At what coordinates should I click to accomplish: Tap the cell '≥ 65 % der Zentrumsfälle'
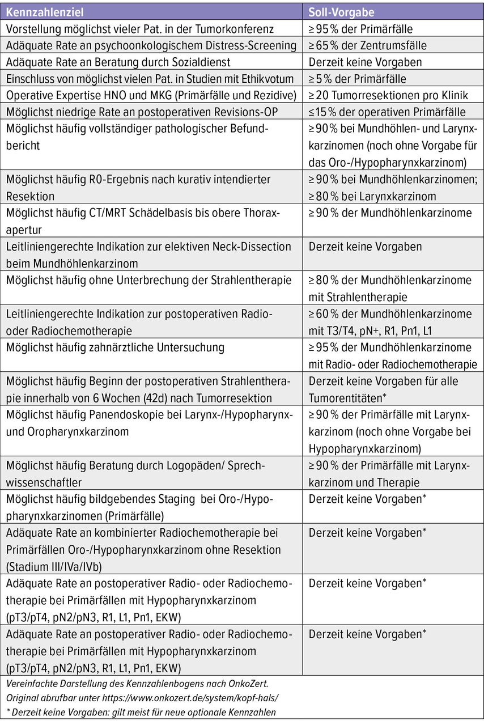(367, 45)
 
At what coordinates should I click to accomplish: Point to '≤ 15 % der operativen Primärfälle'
(387, 112)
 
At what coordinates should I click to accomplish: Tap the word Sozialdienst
(201, 62)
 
